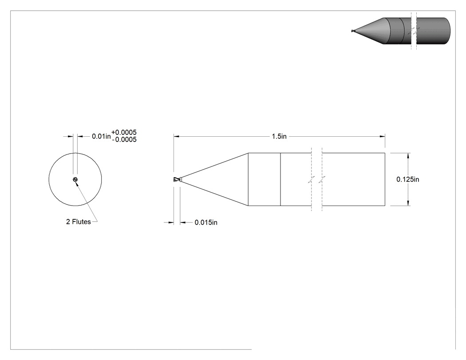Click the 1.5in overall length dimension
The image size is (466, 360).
(x=279, y=136)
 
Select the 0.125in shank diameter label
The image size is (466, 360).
(x=408, y=179)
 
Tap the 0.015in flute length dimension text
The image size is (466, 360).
(x=206, y=222)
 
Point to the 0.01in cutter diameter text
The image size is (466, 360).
(x=101, y=136)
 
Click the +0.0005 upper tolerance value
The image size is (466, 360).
(x=124, y=132)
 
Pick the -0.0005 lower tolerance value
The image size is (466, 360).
(x=125, y=139)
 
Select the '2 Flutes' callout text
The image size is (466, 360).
(x=79, y=222)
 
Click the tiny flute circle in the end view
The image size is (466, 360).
(x=75, y=179)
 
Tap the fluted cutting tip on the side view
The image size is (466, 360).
(x=177, y=179)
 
